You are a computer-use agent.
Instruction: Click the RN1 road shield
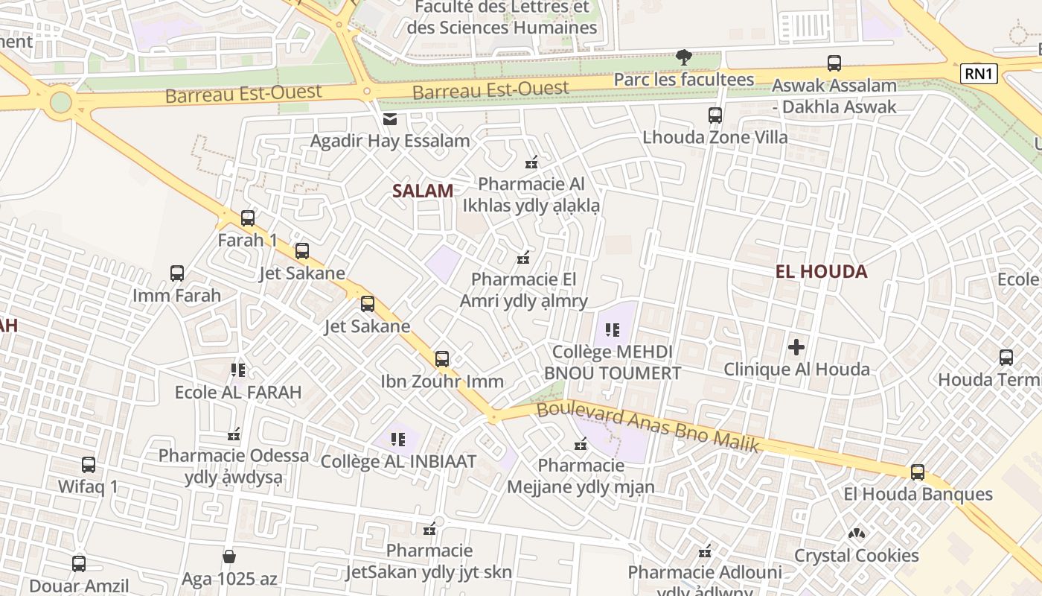(979, 74)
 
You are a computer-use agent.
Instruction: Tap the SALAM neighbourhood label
(423, 191)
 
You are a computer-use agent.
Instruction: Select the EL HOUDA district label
(821, 271)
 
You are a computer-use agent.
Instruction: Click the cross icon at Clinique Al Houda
(796, 347)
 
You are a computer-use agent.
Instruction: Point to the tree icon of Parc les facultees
(683, 57)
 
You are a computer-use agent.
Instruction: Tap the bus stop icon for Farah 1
(248, 218)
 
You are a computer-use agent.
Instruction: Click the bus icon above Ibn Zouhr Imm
(442, 359)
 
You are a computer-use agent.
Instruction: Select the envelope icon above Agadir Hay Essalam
(389, 119)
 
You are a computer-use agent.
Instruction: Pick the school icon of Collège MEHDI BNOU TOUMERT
(613, 329)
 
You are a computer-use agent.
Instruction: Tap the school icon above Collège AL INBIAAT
(397, 440)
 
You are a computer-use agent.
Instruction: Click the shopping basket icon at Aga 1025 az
(229, 557)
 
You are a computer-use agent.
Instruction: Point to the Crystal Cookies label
(857, 556)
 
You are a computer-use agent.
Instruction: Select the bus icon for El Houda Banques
(918, 472)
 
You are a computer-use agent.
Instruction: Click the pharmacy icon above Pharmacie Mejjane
(581, 444)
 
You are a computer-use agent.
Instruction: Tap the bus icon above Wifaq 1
(89, 465)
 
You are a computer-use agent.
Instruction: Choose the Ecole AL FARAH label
(238, 392)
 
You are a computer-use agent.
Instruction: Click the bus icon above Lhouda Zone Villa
(715, 115)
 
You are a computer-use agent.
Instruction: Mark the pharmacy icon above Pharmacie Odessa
(234, 434)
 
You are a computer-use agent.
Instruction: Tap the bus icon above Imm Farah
(177, 273)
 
